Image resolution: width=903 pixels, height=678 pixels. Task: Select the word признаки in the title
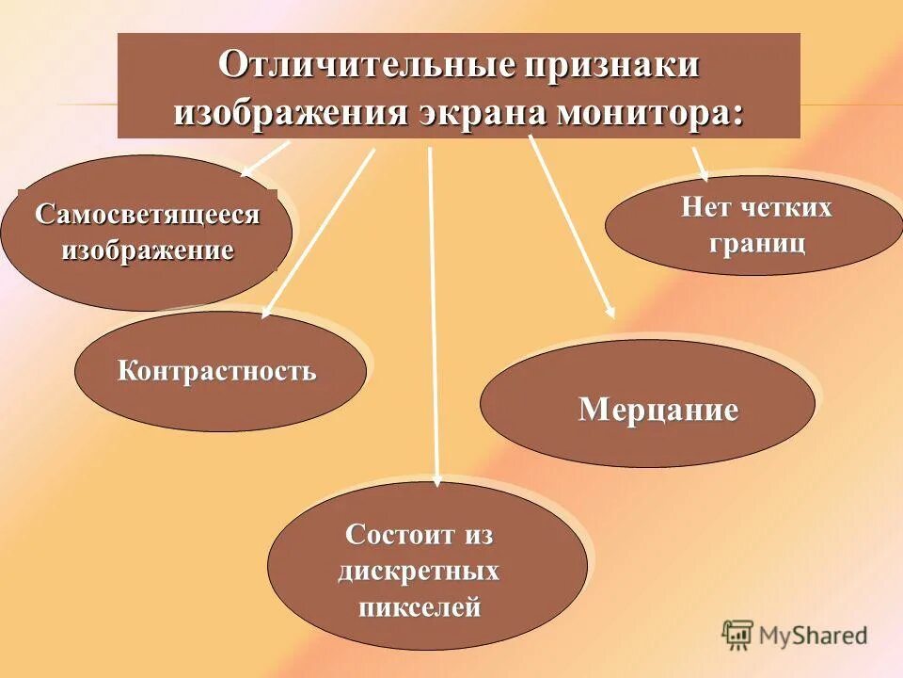click(611, 67)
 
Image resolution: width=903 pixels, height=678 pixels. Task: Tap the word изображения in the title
click(289, 112)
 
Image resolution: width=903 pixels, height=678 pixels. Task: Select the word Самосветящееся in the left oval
click(148, 215)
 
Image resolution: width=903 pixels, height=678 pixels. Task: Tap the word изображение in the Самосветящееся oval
click(148, 251)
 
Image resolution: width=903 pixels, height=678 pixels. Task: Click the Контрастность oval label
click(216, 370)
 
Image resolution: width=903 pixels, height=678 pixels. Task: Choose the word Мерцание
click(658, 410)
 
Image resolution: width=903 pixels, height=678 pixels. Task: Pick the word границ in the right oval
click(757, 243)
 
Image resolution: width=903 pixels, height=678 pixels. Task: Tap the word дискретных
click(419, 572)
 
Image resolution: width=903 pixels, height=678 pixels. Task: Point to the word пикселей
click(420, 607)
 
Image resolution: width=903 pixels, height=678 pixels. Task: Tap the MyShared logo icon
click(737, 636)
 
